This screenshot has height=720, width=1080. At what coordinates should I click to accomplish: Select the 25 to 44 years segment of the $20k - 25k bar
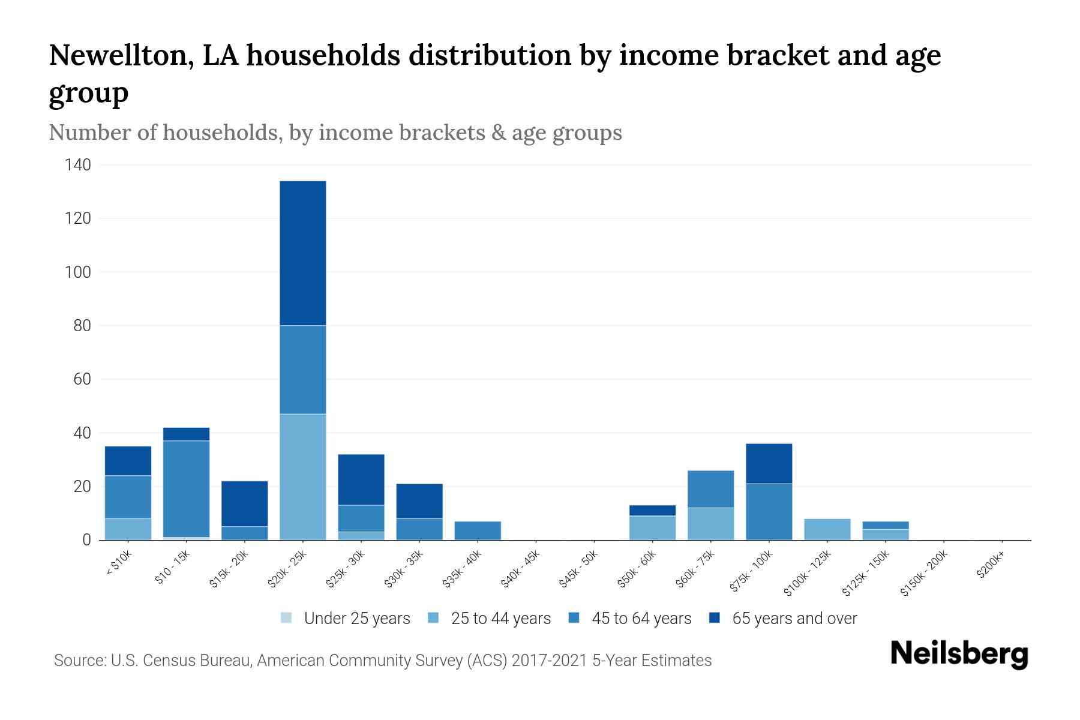303,477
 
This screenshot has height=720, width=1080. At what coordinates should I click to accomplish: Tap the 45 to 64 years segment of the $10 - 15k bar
186,489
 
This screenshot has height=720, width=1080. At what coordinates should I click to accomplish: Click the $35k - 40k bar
478,530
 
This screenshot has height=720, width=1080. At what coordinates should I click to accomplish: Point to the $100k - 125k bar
827,529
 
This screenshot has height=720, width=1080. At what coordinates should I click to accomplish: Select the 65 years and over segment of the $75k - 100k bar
769,464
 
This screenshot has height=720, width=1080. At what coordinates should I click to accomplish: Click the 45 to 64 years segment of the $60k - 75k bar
710,489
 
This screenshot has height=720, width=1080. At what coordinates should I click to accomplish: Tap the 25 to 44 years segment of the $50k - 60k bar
652,528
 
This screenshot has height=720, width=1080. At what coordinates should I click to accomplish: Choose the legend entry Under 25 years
356,619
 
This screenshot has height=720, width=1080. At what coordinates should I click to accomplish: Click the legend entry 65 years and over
794,619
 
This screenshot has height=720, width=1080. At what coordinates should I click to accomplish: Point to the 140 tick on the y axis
78,165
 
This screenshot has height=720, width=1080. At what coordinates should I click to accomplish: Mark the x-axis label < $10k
119,563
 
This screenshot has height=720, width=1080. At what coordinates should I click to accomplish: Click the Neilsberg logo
959,655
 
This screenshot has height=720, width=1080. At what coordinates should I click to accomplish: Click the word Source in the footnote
79,661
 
